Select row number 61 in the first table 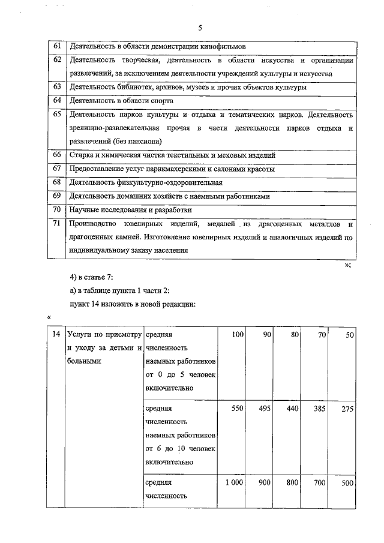57,46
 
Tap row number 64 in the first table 57,100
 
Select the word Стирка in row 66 81,155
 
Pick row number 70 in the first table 57,209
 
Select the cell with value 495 263,409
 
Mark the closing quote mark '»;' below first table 347,265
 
